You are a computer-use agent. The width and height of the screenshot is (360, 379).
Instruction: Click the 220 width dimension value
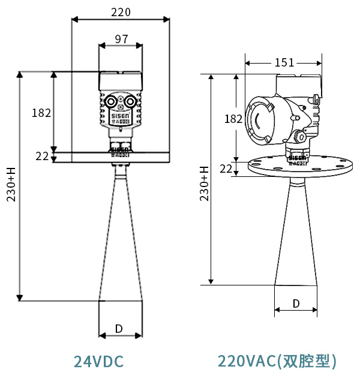pos(121,12)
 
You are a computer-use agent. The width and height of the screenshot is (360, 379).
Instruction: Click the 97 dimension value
pos(121,39)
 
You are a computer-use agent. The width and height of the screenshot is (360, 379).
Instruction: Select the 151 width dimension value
pos(284,62)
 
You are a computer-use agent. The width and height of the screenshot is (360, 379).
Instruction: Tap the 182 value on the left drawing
pos(41,113)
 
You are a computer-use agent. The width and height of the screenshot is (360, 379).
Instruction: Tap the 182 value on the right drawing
pos(233,119)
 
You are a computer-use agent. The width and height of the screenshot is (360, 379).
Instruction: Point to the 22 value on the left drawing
pos(41,157)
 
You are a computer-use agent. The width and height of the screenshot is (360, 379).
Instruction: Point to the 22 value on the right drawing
pos(226,169)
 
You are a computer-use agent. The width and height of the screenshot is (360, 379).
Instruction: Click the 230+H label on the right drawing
pos(204,184)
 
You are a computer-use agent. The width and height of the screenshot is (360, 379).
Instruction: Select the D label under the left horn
pos(119,329)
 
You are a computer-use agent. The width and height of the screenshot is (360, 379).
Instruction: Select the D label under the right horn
pos(296,303)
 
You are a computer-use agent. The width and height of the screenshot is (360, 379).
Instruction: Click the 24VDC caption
pos(98,362)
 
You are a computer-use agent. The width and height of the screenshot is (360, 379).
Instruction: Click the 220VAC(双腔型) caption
pos(277,361)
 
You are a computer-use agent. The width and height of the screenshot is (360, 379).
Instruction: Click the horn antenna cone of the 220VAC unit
pos(296,234)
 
